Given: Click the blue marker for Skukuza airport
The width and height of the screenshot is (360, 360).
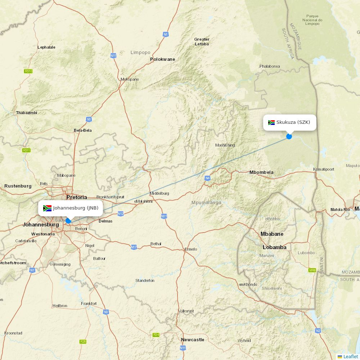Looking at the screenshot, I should [x=289, y=136].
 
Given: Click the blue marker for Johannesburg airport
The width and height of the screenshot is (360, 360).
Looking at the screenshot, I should [x=68, y=221].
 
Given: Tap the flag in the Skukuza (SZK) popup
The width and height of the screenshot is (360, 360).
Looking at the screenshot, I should [x=271, y=122].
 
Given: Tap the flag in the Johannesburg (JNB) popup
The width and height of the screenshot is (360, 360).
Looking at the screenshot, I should [x=47, y=208].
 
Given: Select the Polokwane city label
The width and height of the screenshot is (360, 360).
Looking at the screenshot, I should [x=162, y=59].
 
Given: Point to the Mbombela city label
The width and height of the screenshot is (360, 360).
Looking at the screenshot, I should [x=261, y=172].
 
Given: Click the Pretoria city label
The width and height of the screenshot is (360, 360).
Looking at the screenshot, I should [x=77, y=197].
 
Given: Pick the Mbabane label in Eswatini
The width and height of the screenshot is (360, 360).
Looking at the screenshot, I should [x=272, y=234].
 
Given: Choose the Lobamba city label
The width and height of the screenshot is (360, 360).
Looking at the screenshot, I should [x=274, y=247].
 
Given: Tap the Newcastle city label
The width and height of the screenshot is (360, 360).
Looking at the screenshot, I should [x=192, y=340].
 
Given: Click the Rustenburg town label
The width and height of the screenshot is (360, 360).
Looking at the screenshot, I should [x=18, y=186].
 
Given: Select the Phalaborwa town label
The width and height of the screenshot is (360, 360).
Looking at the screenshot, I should [x=270, y=66].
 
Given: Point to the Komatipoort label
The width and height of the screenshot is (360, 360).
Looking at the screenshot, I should [x=324, y=169].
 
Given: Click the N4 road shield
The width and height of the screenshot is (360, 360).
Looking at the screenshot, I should [x=207, y=178].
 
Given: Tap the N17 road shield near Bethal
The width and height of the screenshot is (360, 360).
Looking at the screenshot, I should [x=134, y=247].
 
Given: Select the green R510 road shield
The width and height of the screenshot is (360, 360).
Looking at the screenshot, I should [x=28, y=71].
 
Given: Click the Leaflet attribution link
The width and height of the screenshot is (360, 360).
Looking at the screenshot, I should [x=350, y=356].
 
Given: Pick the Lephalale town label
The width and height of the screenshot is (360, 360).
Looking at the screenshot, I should [x=46, y=47].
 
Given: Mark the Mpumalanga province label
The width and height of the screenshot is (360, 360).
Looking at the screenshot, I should [x=206, y=203].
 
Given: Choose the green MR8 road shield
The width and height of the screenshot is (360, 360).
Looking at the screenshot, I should [x=312, y=270].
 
